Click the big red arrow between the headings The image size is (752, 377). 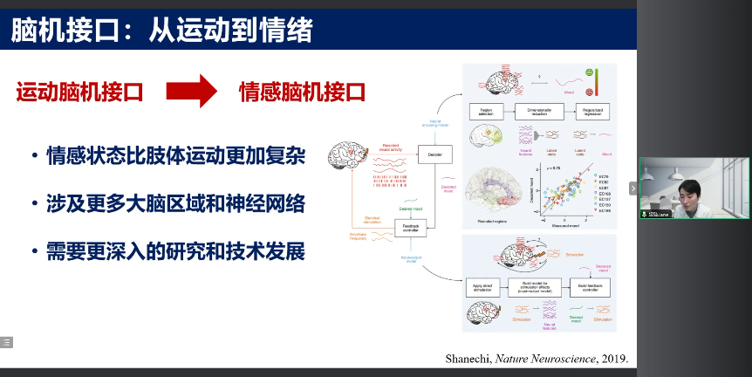(190, 91)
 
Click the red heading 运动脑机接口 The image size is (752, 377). (79, 92)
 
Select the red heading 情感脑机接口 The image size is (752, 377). (302, 92)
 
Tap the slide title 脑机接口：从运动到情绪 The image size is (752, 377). (161, 31)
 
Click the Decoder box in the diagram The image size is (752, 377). (435, 154)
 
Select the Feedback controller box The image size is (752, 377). (411, 228)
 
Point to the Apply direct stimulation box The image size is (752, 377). (485, 287)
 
